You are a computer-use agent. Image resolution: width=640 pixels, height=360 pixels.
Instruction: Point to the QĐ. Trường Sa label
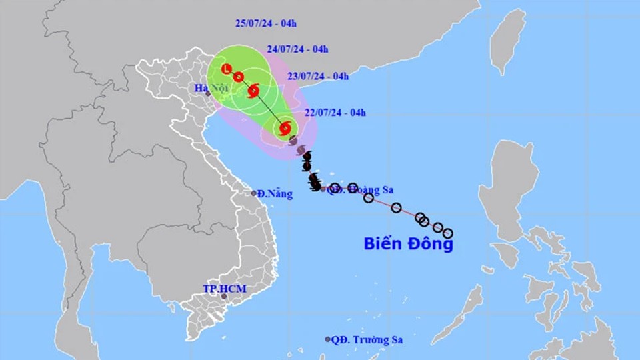tap(367, 339)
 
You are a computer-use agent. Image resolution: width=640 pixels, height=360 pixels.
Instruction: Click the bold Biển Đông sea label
tap(408, 244)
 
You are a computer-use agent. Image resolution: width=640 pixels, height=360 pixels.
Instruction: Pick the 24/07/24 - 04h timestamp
tap(297, 49)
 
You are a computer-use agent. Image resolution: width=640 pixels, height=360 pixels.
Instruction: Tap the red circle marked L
tap(227, 69)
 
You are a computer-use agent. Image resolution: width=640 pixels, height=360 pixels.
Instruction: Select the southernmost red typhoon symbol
tap(285, 127)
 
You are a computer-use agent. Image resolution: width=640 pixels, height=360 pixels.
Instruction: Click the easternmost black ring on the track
tap(448, 233)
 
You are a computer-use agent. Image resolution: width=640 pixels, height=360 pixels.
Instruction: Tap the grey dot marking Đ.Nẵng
tap(254, 193)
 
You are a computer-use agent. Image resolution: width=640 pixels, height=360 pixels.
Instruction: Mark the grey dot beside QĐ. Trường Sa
tap(327, 339)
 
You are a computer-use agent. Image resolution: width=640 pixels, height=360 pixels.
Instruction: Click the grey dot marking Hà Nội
tap(208, 93)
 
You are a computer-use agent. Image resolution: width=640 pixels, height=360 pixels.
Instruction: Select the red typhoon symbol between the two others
tap(253, 89)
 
